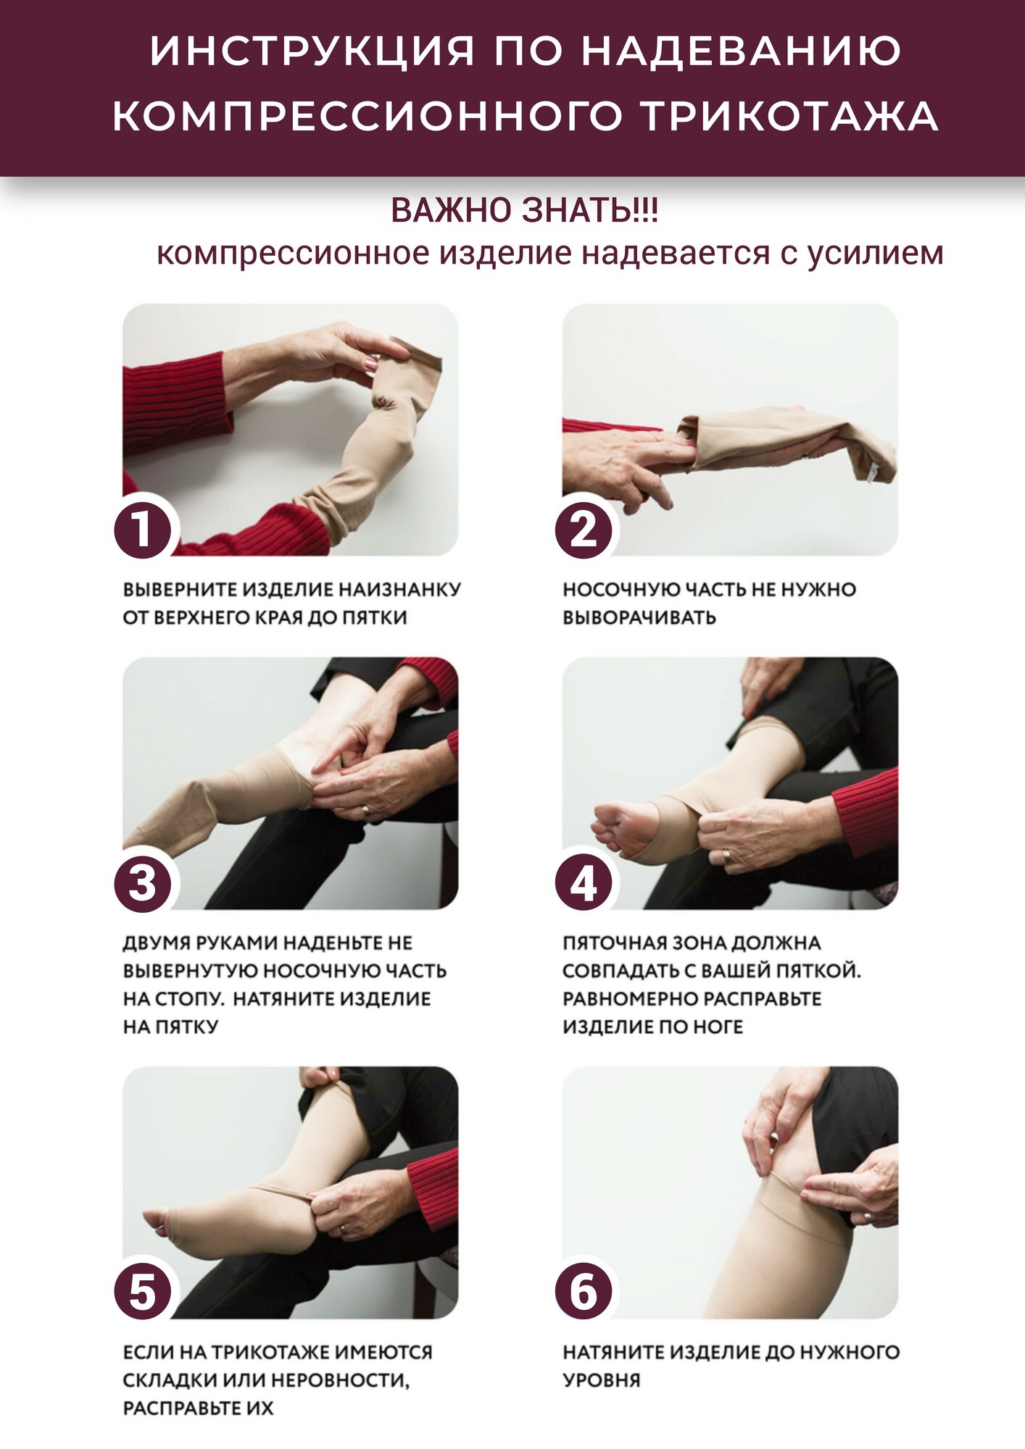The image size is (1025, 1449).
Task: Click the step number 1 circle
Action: point(143,529)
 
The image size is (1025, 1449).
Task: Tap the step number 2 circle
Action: point(583,529)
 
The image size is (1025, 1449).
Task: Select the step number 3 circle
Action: point(143,883)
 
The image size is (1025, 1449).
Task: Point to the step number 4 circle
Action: point(583,883)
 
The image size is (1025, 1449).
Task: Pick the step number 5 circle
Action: point(143,1292)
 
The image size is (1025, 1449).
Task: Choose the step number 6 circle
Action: point(583,1292)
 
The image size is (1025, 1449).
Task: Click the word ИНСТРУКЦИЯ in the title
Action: point(312,51)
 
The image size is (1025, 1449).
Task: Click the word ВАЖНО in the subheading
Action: point(451,211)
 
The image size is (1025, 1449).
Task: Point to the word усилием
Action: point(876,254)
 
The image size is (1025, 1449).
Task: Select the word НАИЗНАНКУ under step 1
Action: point(399,589)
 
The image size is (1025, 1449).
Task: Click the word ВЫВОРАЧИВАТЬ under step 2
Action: point(639,617)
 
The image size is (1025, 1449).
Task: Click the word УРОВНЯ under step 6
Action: point(602,1379)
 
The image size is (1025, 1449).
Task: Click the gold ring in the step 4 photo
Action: point(726,857)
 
